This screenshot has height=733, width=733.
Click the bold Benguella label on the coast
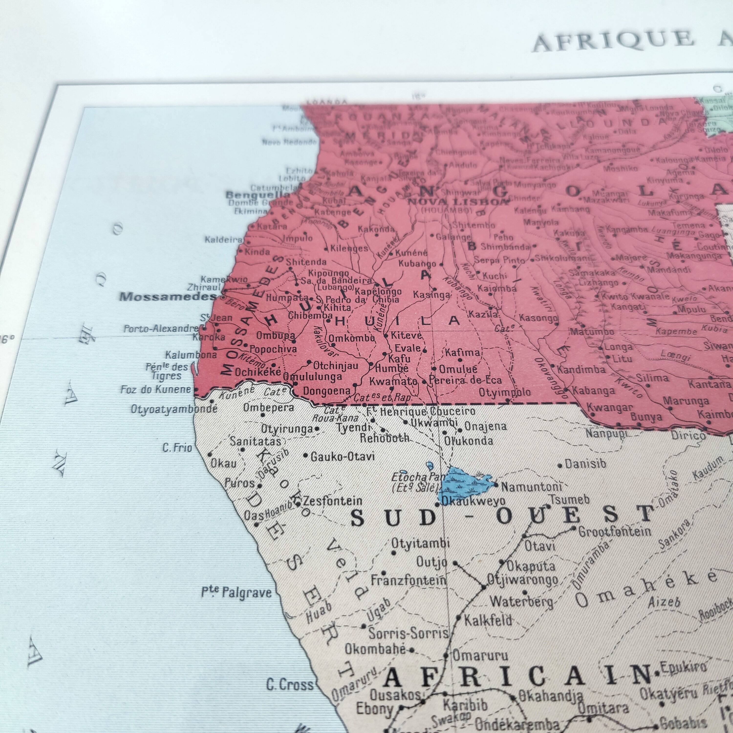257,195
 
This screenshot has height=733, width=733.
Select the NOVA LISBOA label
457,202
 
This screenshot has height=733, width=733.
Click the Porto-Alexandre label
161,329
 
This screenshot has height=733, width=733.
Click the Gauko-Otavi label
343,456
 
